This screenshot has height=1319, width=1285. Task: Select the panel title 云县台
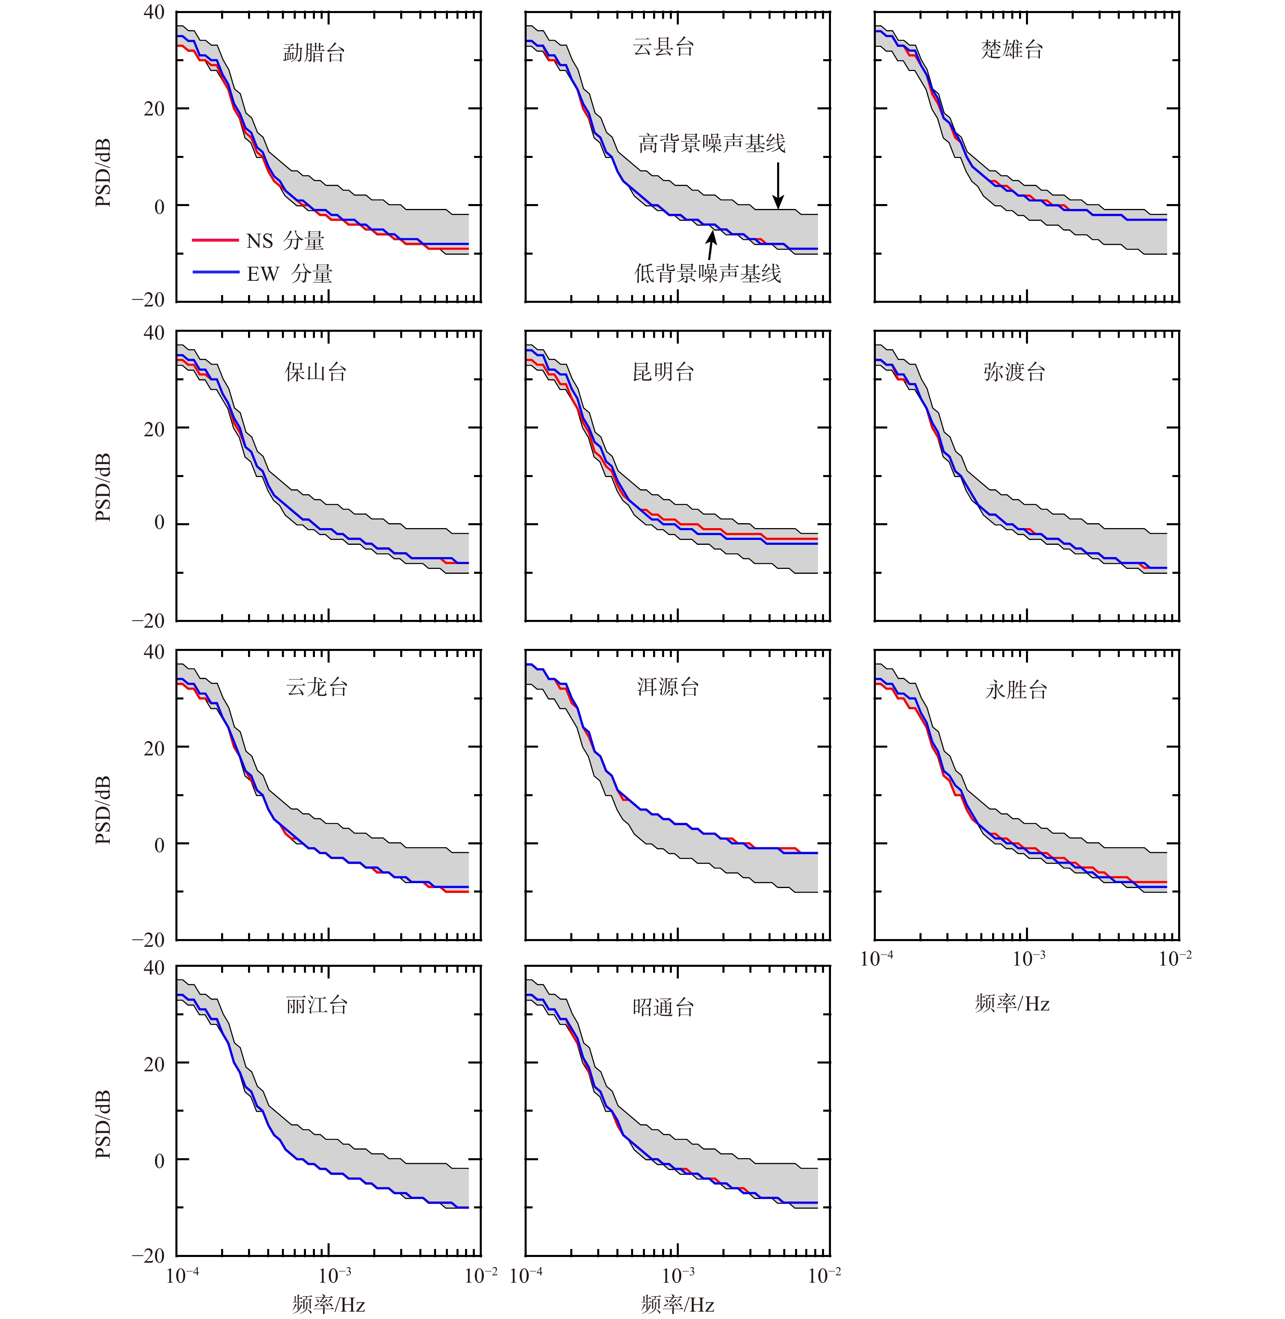tap(663, 47)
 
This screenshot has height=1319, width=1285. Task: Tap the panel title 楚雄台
tap(1012, 49)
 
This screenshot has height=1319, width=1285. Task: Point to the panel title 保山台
tap(315, 372)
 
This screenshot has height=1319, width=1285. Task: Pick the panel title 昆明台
tap(663, 372)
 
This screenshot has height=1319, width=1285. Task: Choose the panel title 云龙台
tap(317, 687)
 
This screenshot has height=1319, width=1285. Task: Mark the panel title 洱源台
tap(667, 687)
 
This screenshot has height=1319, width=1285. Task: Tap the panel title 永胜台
tap(1016, 690)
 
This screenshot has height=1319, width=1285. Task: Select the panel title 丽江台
tap(317, 1005)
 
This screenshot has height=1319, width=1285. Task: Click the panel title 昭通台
tap(663, 1008)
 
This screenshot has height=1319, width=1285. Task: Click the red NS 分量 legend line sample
tap(215, 240)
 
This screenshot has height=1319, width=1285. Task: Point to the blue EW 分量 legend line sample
tap(215, 272)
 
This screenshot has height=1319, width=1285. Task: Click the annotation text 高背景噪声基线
tap(712, 143)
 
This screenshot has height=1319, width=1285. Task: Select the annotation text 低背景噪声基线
tap(707, 273)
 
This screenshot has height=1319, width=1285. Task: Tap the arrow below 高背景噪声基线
tap(778, 186)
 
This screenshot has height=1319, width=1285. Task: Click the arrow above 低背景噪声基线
tap(711, 244)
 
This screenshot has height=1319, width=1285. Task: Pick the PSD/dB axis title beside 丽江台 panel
tap(102, 1124)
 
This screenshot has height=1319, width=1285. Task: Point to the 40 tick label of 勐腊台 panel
tap(154, 12)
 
